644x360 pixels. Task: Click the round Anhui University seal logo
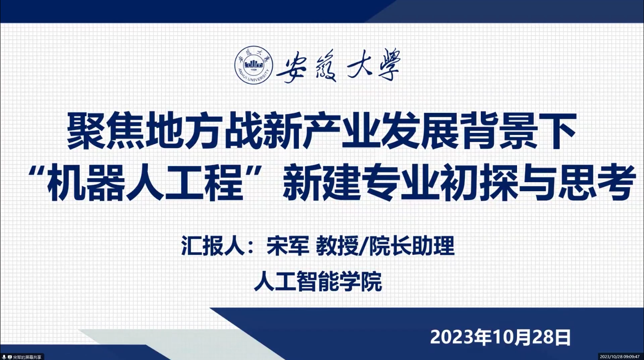[253, 65]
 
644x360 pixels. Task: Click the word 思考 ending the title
[596, 182]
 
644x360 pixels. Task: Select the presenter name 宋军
[288, 246]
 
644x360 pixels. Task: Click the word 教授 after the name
[337, 246]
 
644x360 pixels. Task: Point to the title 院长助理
[412, 246]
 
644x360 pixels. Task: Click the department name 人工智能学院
[318, 281]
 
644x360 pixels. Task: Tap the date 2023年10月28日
[500, 337]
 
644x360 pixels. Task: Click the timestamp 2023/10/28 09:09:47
[621, 357]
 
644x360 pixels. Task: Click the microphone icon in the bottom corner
[4, 357]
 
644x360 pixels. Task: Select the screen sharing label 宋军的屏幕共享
[27, 357]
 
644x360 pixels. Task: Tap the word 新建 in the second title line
[322, 182]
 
